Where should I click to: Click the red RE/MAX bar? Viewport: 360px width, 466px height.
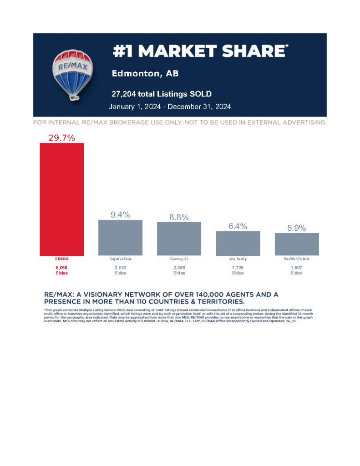[x=61, y=199]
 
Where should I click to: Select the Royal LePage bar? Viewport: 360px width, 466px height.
[x=120, y=237]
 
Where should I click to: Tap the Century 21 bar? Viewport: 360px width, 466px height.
[x=179, y=238]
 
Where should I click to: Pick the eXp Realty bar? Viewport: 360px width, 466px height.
[x=238, y=243]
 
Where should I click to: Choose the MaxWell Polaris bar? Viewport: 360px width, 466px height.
[x=296, y=244]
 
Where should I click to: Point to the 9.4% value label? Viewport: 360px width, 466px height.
[x=120, y=214]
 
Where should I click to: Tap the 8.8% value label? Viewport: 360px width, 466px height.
[x=179, y=217]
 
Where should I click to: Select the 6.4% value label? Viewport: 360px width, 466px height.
[x=238, y=226]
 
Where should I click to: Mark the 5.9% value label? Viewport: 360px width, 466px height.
[x=296, y=228]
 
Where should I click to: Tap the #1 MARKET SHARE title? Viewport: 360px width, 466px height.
[x=200, y=51]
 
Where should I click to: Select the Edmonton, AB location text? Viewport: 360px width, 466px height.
[x=141, y=74]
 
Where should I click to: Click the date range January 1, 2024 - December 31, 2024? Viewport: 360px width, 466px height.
[x=170, y=106]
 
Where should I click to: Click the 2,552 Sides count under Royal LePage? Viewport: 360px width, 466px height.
[x=120, y=270]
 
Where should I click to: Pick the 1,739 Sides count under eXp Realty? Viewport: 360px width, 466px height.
[x=238, y=270]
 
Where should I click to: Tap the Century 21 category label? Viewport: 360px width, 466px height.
[x=179, y=258]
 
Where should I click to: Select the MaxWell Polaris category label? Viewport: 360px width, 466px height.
[x=296, y=258]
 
